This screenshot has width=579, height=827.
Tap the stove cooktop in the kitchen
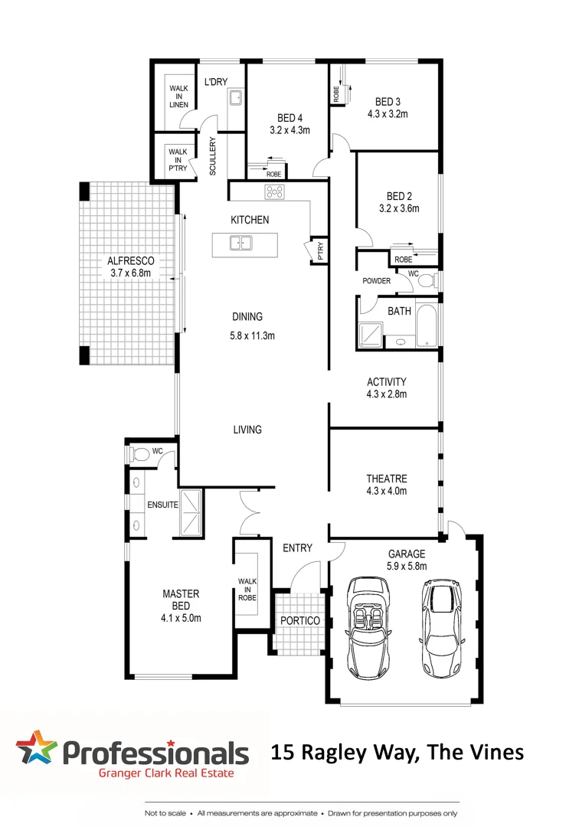[x=274, y=192]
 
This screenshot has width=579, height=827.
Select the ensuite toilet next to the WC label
[x=138, y=454]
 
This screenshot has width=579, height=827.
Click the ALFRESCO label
[x=130, y=261]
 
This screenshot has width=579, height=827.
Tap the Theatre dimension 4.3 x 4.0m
[x=386, y=492]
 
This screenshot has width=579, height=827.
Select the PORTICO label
[x=299, y=620]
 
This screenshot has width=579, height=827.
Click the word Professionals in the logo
[x=155, y=752]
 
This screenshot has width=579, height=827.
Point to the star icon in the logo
[x=36, y=748]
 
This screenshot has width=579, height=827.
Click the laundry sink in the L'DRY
[x=235, y=98]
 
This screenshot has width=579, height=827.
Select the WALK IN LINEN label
[x=178, y=96]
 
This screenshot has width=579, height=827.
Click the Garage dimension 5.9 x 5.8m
[x=406, y=567]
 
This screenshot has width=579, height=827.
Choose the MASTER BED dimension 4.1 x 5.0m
[x=181, y=618]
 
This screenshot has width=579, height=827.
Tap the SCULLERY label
[x=214, y=157]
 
